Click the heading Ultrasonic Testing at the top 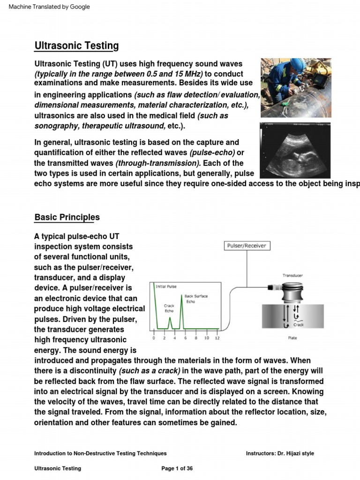click(x=76, y=46)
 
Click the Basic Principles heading click(x=67, y=217)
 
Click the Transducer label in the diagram click(x=292, y=276)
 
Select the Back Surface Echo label click(x=196, y=299)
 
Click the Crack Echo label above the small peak click(x=169, y=307)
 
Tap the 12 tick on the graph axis click(x=217, y=337)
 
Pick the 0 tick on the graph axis click(x=154, y=337)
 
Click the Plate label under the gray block click(x=292, y=337)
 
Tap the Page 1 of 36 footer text click(x=177, y=468)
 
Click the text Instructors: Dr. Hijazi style click(x=280, y=453)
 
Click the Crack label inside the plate click(x=299, y=324)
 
